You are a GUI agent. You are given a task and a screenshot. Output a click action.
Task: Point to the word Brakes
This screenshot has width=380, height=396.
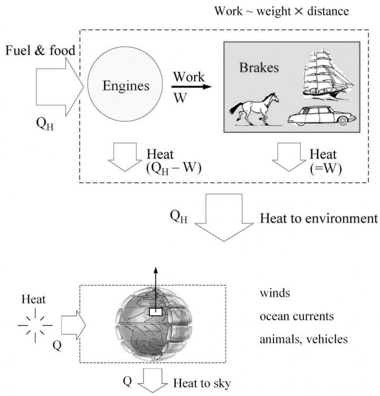(x=259, y=69)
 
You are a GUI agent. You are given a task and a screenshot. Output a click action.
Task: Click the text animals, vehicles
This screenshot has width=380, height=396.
(x=303, y=339)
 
